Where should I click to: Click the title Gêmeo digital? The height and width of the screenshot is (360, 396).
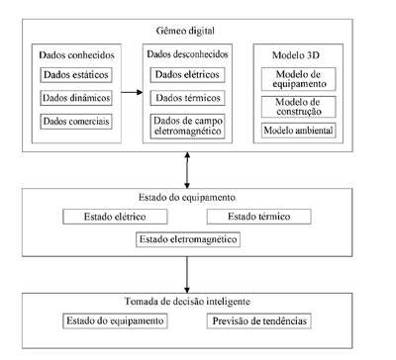coord(185,31)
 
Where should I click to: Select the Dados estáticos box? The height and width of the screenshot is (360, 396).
coord(76,75)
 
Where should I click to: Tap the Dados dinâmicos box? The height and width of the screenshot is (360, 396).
coord(76,98)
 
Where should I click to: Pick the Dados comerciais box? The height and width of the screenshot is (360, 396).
coord(76,122)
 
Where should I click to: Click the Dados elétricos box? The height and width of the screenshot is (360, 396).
coord(187,75)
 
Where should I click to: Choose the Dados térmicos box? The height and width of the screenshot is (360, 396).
coord(187,98)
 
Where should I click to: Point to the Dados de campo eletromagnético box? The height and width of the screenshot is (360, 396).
coord(187,127)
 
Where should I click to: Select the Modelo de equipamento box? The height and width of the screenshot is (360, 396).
coord(299,79)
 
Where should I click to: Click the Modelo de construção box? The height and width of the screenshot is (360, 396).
coord(299,107)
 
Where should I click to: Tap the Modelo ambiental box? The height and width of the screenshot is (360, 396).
coord(299,131)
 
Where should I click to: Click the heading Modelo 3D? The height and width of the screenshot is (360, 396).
coord(296,55)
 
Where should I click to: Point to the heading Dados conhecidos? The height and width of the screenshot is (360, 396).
coord(76,55)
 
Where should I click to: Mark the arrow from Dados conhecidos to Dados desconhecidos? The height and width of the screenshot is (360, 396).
coord(132,92)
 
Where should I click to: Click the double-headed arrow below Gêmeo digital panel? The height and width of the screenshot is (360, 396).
coord(187,170)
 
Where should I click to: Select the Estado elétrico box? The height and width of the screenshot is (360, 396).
coord(115,217)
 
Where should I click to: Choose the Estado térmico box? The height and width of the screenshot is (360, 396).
coord(259,217)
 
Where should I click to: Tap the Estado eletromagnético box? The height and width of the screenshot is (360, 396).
coord(188,239)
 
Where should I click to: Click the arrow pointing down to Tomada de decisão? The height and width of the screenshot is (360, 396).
coord(187,275)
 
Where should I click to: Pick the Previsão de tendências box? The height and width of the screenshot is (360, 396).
coord(259,321)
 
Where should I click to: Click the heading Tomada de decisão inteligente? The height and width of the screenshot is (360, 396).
coord(187,302)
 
